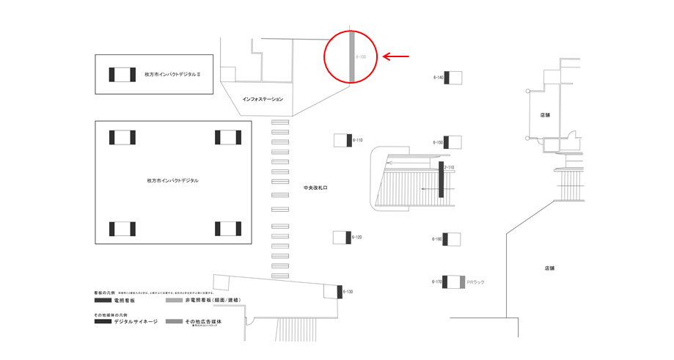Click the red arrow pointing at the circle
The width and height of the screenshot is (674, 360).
(396, 56)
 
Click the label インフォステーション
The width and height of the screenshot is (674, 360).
(263, 99)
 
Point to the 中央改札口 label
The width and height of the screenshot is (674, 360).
(315, 188)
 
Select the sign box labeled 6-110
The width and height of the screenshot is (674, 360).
(343, 140)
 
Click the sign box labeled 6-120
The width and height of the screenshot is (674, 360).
(342, 238)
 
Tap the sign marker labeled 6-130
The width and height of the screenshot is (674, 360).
(340, 293)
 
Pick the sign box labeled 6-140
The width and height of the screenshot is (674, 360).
(453, 78)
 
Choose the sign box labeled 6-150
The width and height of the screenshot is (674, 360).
(453, 142)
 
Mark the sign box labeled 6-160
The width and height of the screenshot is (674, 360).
(453, 239)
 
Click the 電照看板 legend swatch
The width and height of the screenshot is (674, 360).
(103, 301)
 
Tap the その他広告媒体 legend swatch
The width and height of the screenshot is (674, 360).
(174, 321)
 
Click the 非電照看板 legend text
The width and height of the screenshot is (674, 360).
(213, 301)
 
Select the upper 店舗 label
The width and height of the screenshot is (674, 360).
(545, 115)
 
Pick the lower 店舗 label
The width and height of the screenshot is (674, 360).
(549, 268)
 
